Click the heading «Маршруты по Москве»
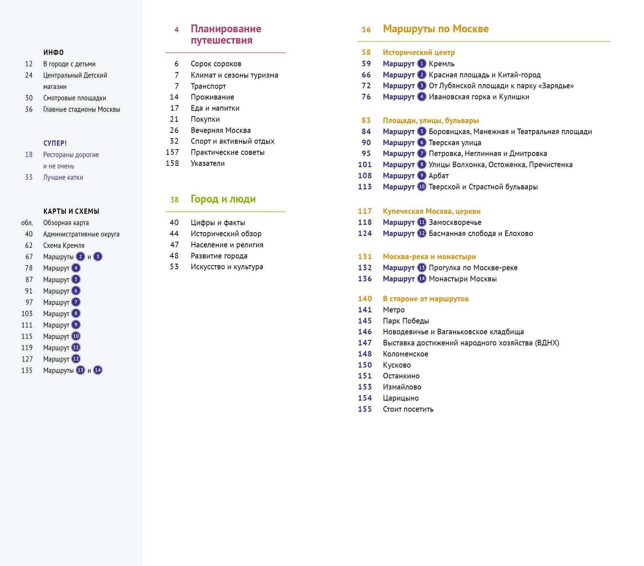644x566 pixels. click(x=435, y=29)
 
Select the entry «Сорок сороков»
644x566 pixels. click(x=216, y=64)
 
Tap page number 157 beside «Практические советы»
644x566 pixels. click(x=172, y=152)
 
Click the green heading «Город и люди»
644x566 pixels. click(x=223, y=199)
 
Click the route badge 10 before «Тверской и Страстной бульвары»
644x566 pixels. click(x=421, y=187)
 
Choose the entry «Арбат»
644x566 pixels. click(x=438, y=176)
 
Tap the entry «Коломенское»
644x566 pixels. click(x=405, y=354)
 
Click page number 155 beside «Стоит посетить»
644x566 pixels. click(x=365, y=409)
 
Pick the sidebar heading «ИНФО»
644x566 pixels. click(x=53, y=53)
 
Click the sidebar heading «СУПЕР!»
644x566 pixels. click(x=55, y=143)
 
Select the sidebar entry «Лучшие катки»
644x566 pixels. click(x=63, y=178)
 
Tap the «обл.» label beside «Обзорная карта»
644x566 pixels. click(x=27, y=223)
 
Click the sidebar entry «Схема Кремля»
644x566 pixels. click(x=64, y=246)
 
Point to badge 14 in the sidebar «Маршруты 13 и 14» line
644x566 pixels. click(x=98, y=370)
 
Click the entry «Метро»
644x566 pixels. click(x=393, y=310)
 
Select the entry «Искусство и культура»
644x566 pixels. click(x=227, y=267)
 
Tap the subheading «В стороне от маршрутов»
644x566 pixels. click(x=426, y=299)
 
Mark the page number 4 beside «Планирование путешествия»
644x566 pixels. click(x=176, y=30)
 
